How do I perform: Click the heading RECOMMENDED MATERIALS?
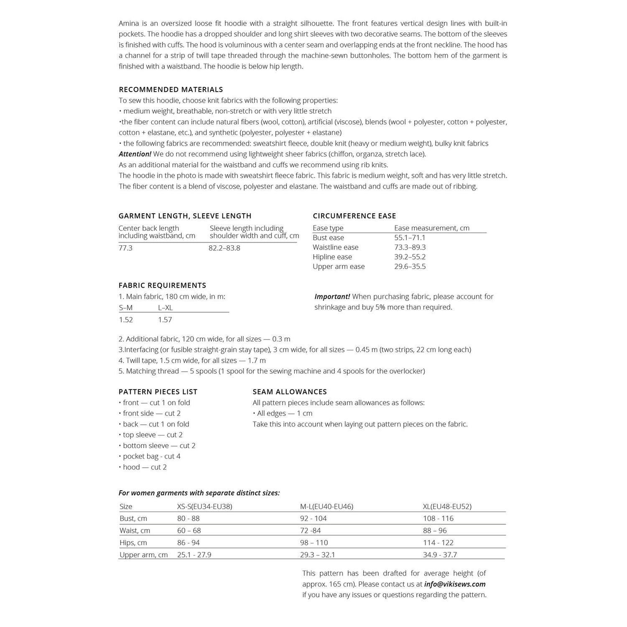tap(171, 89)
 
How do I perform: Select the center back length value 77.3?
tap(125, 248)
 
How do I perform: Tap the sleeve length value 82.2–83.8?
tap(224, 248)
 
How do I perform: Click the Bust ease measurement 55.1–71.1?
tap(410, 238)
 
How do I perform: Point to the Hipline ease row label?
tap(332, 257)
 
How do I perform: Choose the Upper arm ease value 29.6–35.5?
tap(410, 267)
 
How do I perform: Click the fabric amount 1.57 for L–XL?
tap(165, 320)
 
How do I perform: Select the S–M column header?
tap(125, 308)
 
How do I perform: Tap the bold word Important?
tap(332, 296)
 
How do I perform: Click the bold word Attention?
tap(135, 154)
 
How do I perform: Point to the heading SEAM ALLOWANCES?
tap(290, 392)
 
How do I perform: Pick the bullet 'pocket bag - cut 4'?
tap(151, 456)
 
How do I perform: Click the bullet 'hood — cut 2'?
tap(145, 467)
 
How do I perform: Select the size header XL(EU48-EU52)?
tap(447, 506)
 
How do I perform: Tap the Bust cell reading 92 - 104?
tap(313, 518)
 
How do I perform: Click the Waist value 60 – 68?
tap(189, 530)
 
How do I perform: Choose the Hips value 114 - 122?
tap(438, 543)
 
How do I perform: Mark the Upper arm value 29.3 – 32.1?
tap(318, 555)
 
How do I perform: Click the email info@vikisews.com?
tap(455, 584)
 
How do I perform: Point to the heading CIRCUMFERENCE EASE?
tap(354, 216)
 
